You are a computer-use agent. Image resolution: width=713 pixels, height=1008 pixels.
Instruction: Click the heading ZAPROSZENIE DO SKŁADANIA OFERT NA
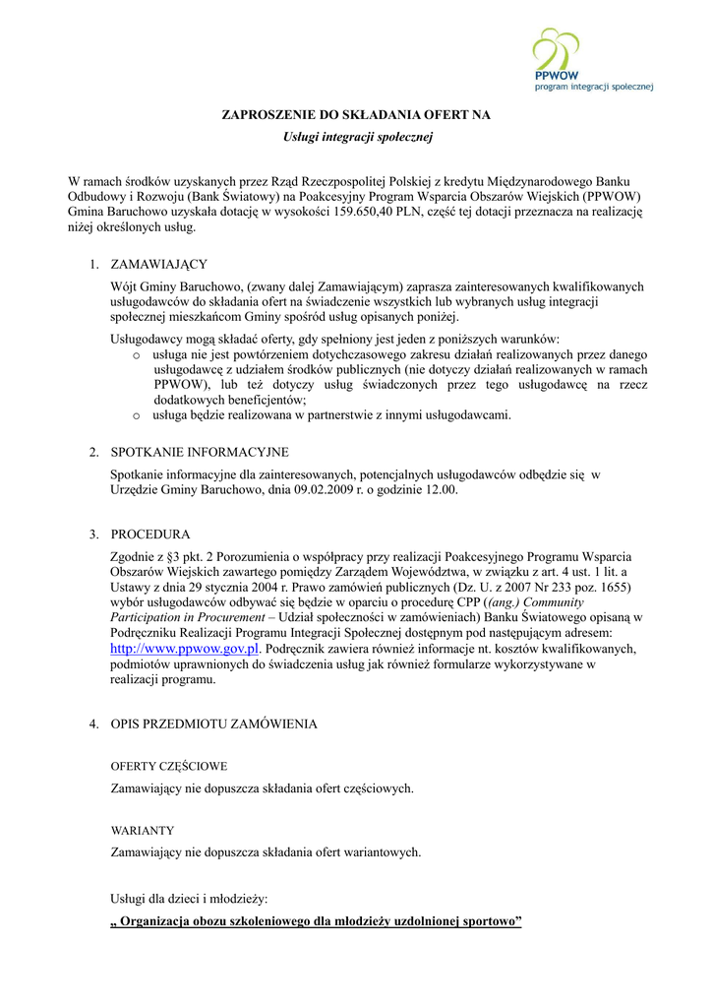coord(356,115)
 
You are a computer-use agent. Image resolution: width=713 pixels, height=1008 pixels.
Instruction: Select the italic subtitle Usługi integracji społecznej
coord(356,137)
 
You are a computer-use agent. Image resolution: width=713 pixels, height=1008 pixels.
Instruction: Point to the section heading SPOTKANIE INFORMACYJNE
coord(200,452)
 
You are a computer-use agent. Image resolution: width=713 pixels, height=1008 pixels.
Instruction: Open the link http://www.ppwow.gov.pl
coord(184,649)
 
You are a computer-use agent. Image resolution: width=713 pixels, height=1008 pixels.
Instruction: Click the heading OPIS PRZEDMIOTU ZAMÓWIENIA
coord(213,724)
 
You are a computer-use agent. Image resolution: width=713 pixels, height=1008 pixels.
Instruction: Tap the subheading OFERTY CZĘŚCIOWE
coord(169,766)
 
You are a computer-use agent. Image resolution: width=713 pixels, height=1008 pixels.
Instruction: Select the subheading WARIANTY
coord(143,830)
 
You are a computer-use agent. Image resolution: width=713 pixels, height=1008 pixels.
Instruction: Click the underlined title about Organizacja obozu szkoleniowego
coord(316,922)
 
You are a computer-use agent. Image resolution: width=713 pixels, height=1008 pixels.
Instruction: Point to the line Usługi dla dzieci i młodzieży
coord(189,899)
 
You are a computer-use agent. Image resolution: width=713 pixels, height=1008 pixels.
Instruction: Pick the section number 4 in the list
coord(93,724)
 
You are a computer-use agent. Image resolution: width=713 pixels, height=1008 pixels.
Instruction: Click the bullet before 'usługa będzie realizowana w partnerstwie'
coord(137,415)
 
